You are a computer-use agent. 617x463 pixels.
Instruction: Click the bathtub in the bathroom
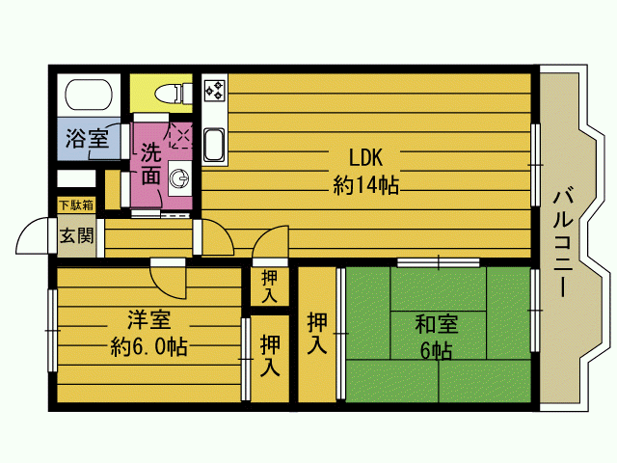89,95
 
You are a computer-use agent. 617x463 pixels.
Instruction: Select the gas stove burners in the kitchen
215,90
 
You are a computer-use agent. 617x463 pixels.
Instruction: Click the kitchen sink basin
214,145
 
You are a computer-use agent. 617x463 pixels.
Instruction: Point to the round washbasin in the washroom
179,178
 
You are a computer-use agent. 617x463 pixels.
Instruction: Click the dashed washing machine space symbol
181,136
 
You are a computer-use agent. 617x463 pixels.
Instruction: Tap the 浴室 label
88,138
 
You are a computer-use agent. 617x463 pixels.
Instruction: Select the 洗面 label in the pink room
150,164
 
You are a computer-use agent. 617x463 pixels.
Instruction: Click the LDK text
365,157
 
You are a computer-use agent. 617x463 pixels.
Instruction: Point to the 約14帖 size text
366,185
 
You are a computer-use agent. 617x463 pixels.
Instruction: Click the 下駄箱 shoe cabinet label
76,205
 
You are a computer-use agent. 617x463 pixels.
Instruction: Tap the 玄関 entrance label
77,235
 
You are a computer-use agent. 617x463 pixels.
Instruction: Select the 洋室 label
148,319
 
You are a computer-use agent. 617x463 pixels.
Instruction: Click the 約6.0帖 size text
148,347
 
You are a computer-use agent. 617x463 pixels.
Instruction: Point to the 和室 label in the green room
437,324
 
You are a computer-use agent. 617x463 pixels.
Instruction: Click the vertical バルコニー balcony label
563,243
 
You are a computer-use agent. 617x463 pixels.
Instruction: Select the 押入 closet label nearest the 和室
317,333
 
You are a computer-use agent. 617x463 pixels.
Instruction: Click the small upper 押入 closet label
270,286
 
